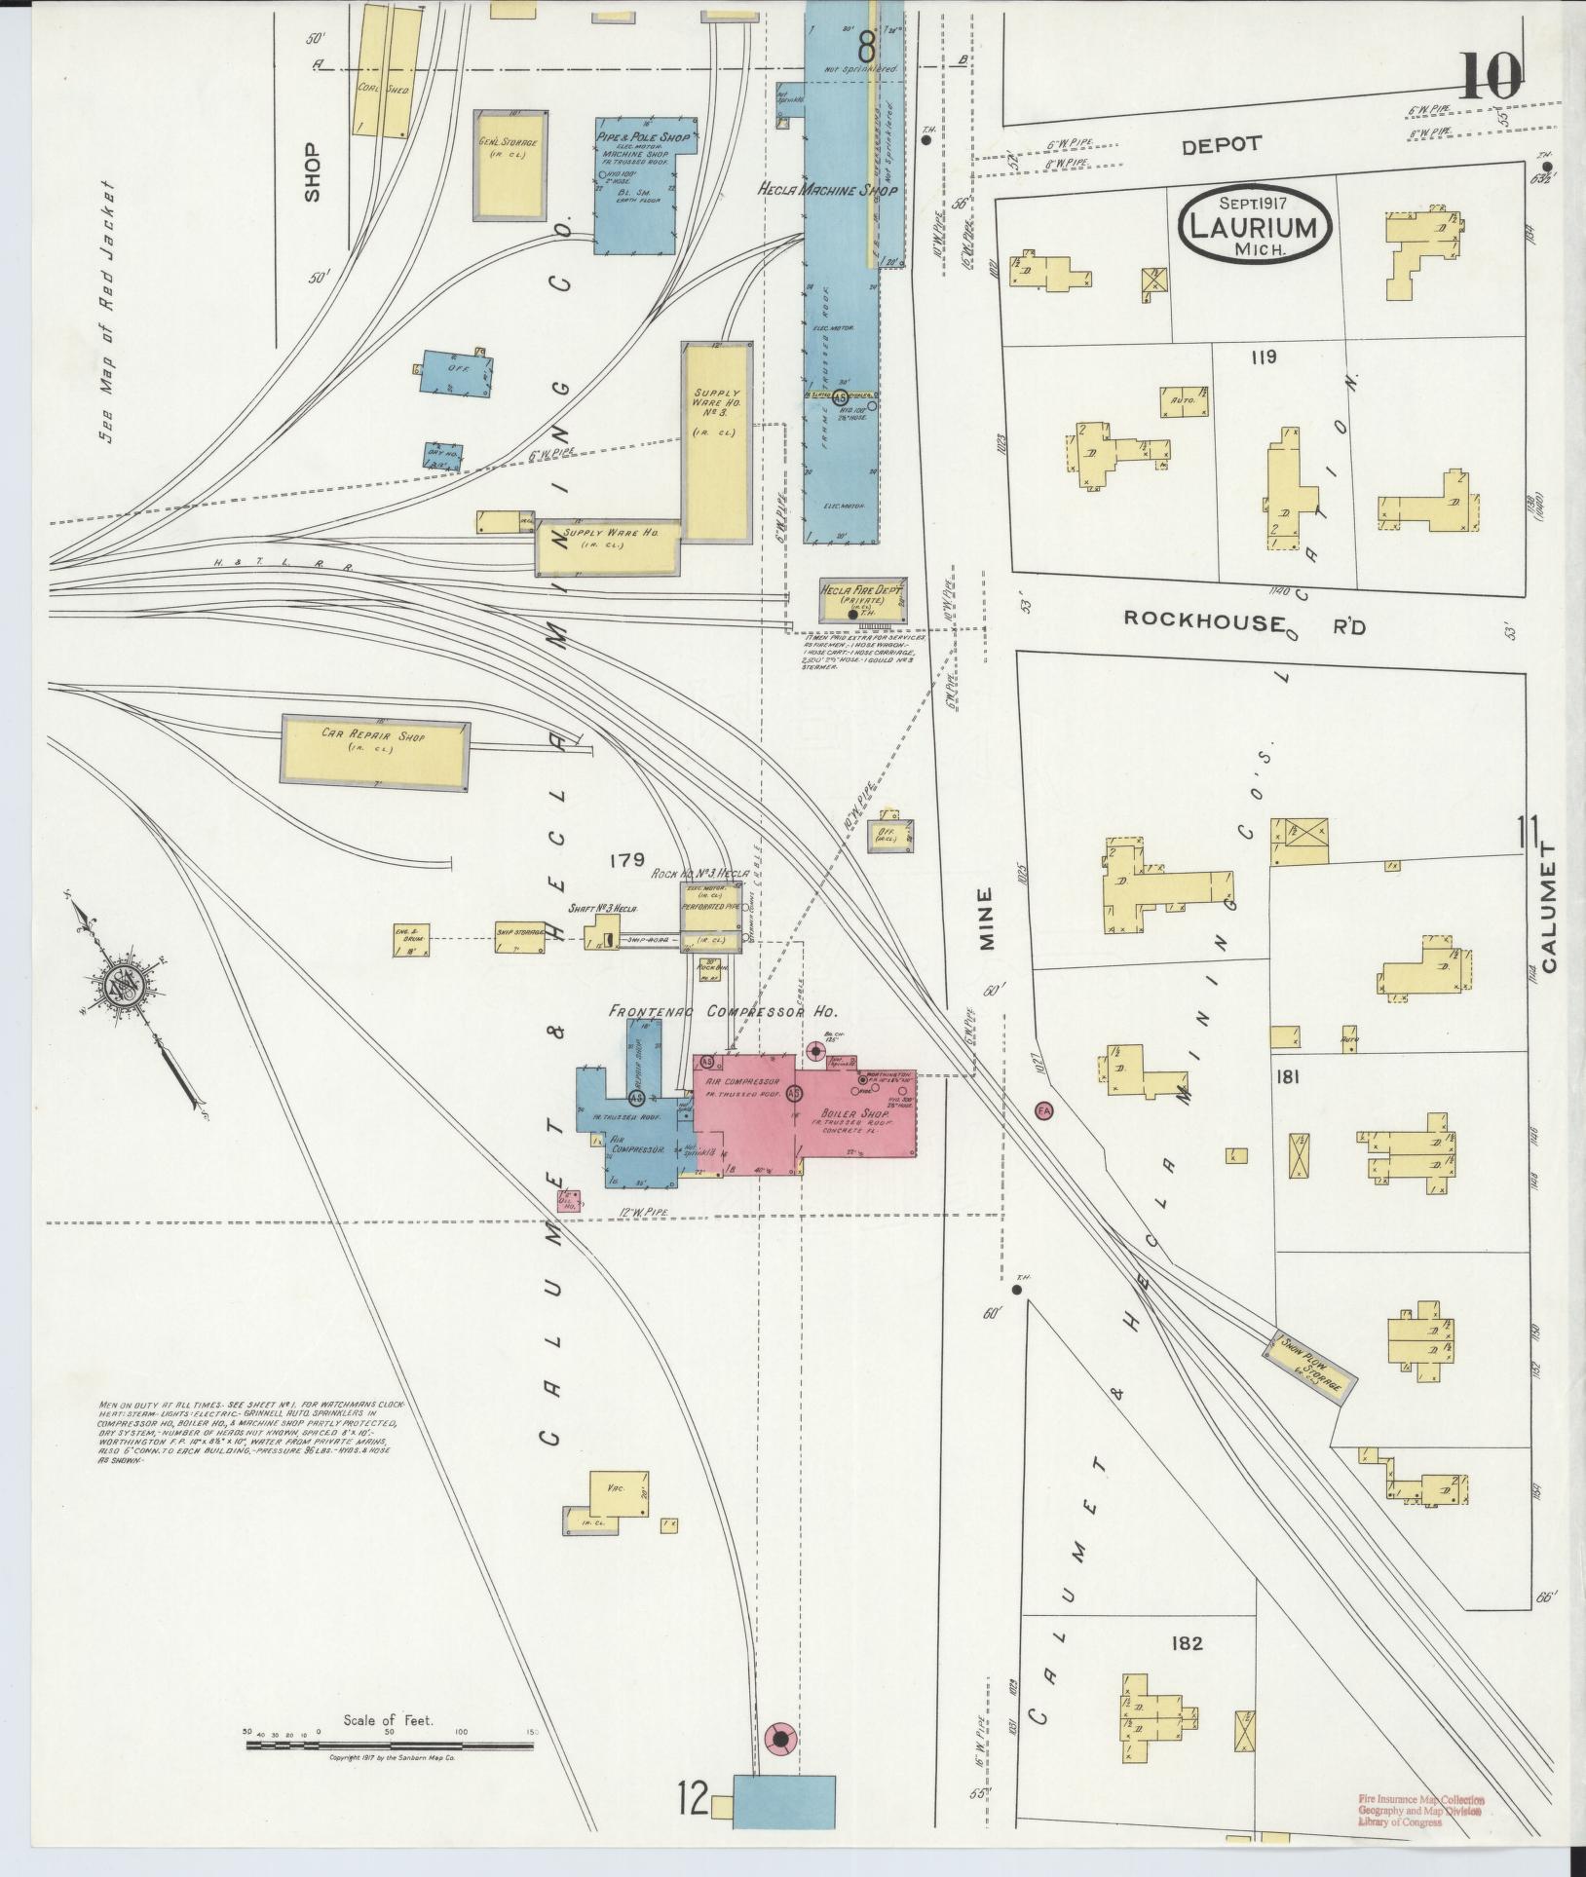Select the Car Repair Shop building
[x=376, y=749]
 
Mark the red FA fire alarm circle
[x=1044, y=1110]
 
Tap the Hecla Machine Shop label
[x=827, y=191]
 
